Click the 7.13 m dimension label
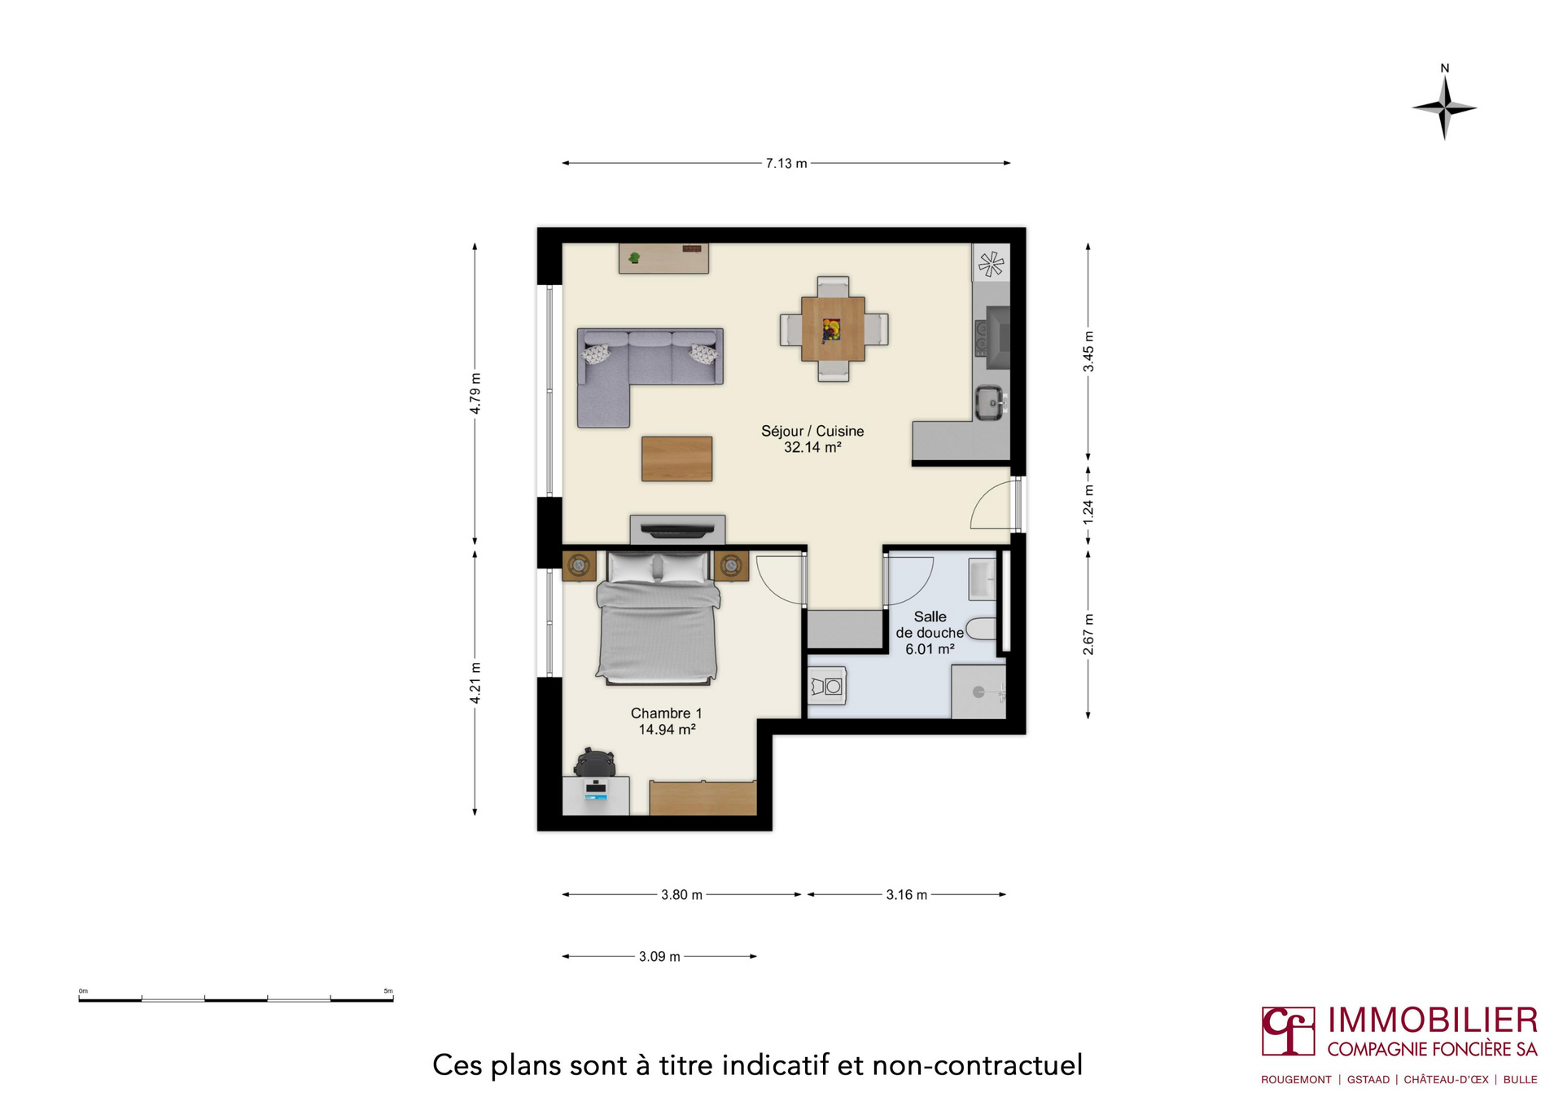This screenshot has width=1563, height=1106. coord(786,163)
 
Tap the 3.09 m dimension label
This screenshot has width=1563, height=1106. coord(659,956)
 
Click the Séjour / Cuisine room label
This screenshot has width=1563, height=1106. coord(812,431)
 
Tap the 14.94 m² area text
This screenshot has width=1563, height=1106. coord(666,730)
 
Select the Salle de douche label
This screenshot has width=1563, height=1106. coord(930,625)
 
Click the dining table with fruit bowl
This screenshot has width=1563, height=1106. coord(833,329)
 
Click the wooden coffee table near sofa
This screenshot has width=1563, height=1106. coord(676,459)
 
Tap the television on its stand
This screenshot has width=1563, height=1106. coord(677,531)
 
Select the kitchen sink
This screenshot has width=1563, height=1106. coord(990,402)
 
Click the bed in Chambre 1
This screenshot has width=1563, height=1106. coord(658,619)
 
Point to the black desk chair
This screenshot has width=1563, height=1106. coord(593,762)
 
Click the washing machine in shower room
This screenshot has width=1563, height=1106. coord(828,686)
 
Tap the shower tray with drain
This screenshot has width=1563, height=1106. coord(979,691)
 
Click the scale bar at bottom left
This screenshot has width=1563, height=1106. coord(235,998)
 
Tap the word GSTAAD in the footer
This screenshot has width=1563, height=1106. coord(1368,1080)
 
